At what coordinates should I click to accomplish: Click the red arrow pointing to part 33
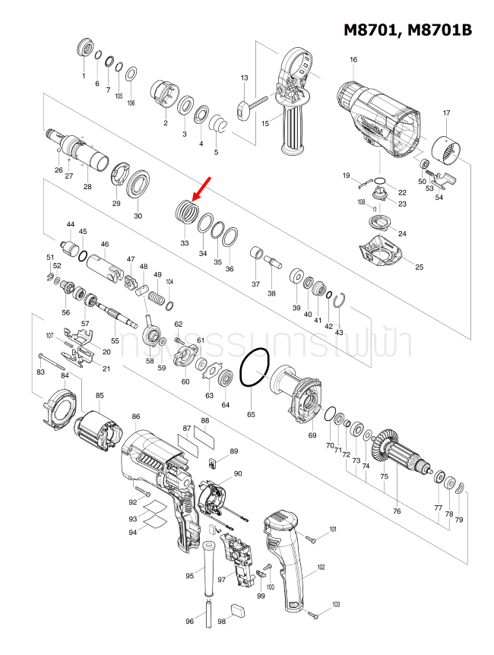point(201,187)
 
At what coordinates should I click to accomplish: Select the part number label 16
point(353,60)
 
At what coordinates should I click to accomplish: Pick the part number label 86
point(136,416)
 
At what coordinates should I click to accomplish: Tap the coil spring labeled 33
point(185,210)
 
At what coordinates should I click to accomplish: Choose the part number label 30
point(138,216)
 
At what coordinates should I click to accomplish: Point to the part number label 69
point(312,435)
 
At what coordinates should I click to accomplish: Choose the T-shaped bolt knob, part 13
point(244,109)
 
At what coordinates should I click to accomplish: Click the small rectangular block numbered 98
point(237,609)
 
